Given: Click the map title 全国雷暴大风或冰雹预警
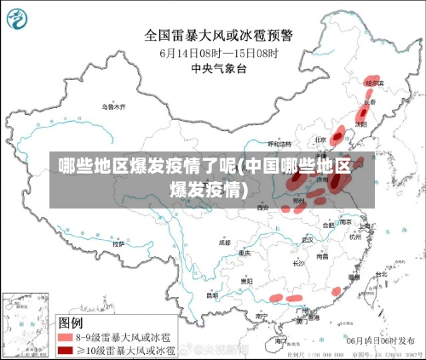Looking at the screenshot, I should [x=218, y=35].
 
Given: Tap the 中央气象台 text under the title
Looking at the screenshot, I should [x=218, y=66].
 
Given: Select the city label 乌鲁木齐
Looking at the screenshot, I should [x=113, y=107].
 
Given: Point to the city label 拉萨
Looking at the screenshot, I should [x=118, y=243].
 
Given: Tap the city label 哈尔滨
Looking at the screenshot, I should [x=375, y=83].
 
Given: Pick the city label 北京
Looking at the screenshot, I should [x=320, y=140].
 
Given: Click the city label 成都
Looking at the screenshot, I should [x=224, y=242].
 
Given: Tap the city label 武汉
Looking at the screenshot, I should [x=308, y=239].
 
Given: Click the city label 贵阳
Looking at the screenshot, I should [x=246, y=280].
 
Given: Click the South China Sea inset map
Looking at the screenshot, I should [x=26, y=324].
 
